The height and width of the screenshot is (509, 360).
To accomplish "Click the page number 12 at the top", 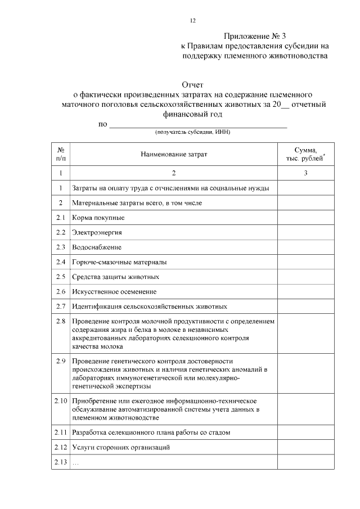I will (193, 21).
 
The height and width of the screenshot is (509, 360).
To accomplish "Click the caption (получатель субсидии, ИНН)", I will (193, 132).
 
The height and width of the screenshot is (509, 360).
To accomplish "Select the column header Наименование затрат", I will (174, 155).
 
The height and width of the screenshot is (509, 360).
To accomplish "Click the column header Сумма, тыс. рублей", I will (305, 155).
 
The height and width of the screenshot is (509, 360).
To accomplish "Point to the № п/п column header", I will (61, 155).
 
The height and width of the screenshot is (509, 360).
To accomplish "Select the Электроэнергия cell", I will (97, 232).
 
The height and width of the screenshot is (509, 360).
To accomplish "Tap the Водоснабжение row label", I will (97, 247).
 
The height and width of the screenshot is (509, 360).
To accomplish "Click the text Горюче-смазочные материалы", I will (119, 262).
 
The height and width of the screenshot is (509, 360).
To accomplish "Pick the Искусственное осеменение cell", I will (114, 291).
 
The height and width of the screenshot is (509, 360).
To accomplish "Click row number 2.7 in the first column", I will (61, 306).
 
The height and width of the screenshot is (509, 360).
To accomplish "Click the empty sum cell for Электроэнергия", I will (305, 232).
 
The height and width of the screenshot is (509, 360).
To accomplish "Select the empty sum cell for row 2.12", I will (305, 447).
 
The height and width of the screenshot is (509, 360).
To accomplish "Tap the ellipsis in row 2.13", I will (76, 462).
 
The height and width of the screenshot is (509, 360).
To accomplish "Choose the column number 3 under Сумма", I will (305, 173).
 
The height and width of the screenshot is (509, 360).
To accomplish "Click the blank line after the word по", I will (197, 124).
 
